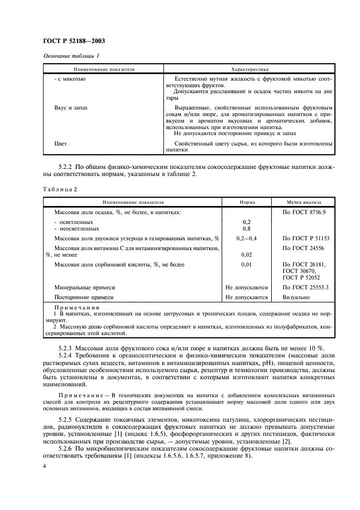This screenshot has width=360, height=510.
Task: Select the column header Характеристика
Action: pyautogui.click(x=251, y=70)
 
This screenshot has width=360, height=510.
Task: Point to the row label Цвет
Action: pyautogui.click(x=60, y=143)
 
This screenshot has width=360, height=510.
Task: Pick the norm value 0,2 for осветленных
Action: pyautogui.click(x=246, y=222)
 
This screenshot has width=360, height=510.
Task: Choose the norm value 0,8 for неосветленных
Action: pyautogui.click(x=246, y=229)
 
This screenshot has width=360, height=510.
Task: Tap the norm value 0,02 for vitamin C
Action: pyautogui.click(x=246, y=254)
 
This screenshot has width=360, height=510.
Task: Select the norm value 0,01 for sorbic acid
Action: pyautogui.click(x=246, y=264)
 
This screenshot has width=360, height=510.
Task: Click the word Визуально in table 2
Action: pyautogui.click(x=296, y=297)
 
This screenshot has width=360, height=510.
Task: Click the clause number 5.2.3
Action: pyautogui.click(x=65, y=348)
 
